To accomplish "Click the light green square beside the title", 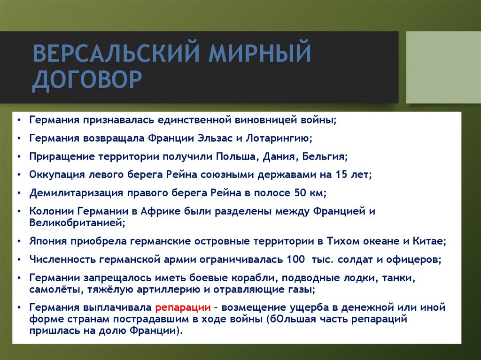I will click(443, 67).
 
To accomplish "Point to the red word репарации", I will click(182, 308).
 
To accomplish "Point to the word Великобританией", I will click(77, 222).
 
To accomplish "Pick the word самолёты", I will click(55, 289).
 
